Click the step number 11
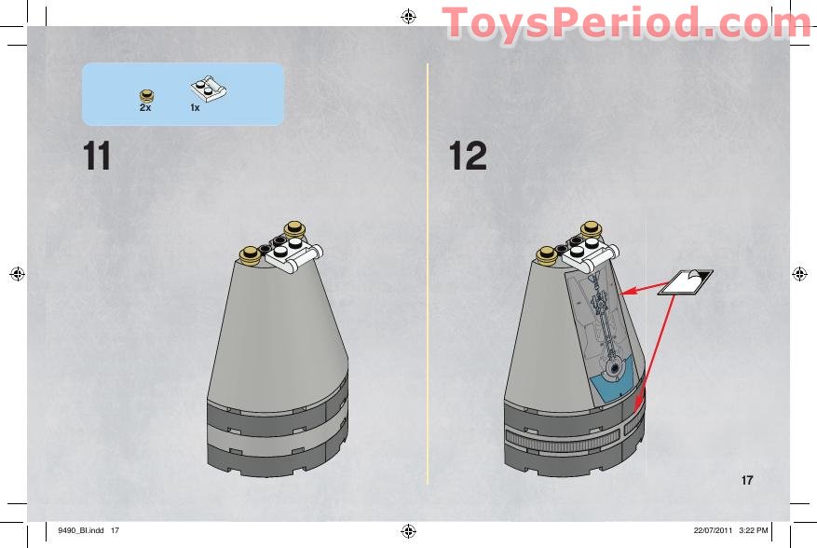[x=97, y=157]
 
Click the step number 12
[x=468, y=157]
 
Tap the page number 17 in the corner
[x=746, y=481]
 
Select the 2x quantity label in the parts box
[x=145, y=108]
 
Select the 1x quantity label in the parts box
[x=196, y=108]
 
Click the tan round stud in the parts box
[x=146, y=93]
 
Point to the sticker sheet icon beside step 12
[x=685, y=281]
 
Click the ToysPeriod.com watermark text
[x=626, y=23]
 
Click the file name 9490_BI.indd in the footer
[x=80, y=530]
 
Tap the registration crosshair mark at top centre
[x=408, y=16]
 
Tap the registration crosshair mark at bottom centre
[x=408, y=531]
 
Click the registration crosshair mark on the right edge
[x=799, y=273]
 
